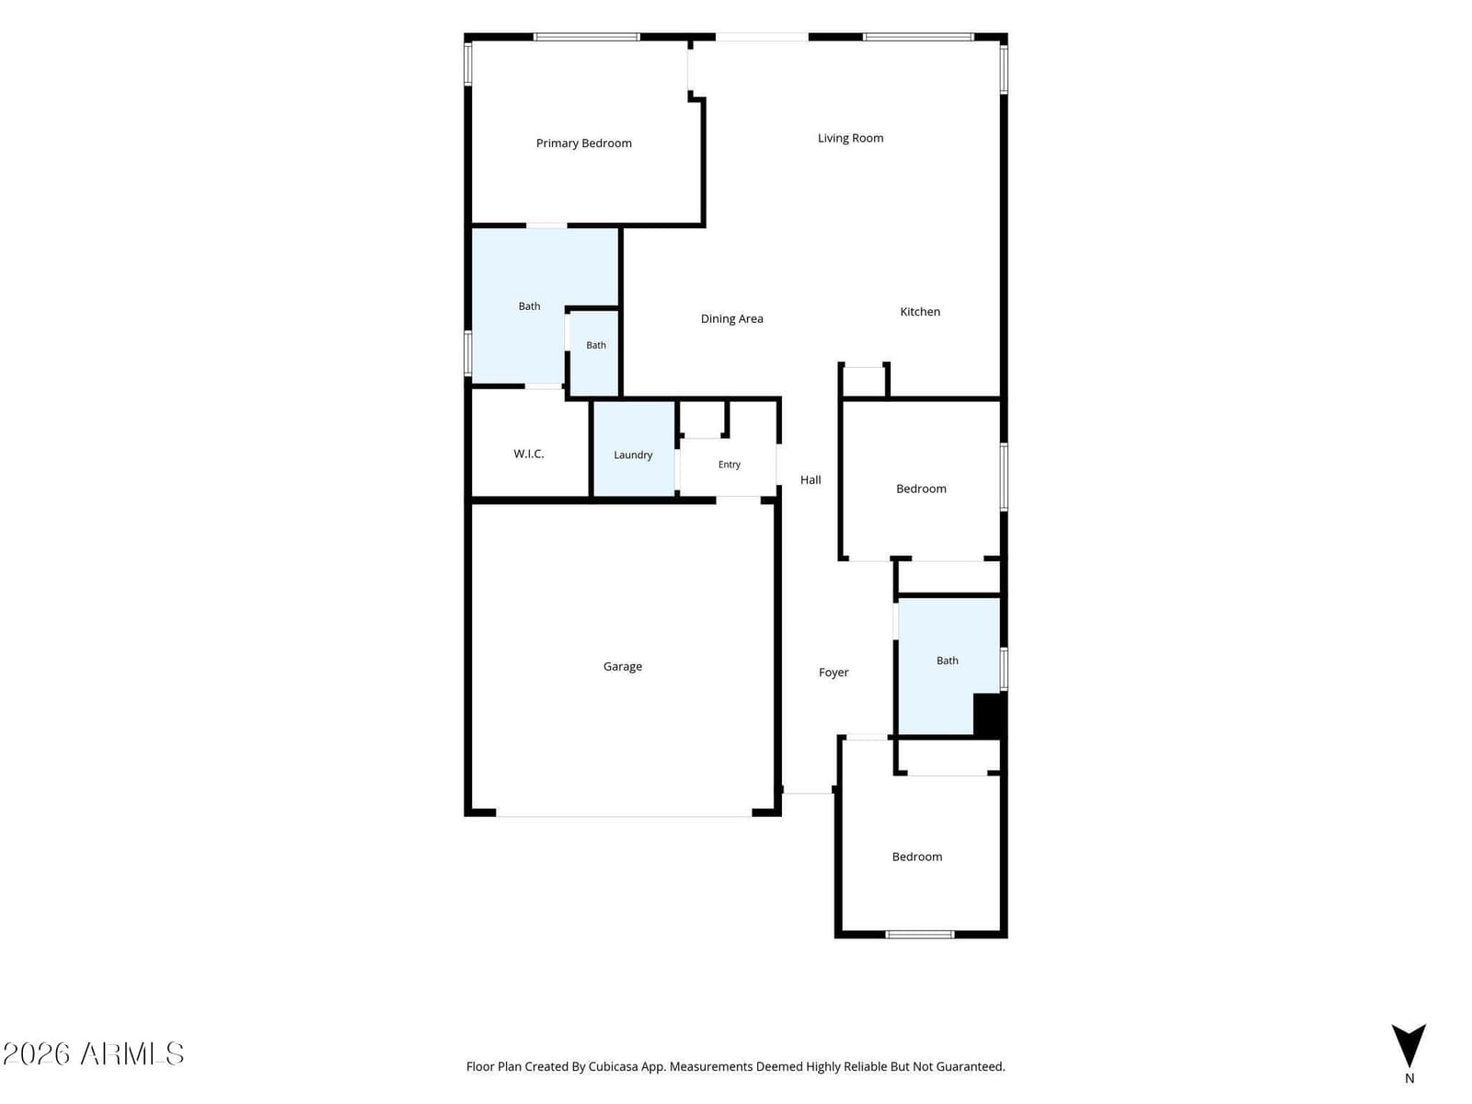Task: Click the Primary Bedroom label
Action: [x=583, y=143]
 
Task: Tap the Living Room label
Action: [x=850, y=138]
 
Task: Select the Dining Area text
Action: [x=731, y=318]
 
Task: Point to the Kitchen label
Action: [x=919, y=312]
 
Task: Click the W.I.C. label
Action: [x=528, y=454]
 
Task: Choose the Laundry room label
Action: [x=633, y=454]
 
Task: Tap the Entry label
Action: [x=729, y=465]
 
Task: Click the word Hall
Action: [x=811, y=480]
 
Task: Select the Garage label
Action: [x=622, y=666]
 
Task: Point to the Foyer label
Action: [x=834, y=673]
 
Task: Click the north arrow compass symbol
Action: [x=1409, y=1046]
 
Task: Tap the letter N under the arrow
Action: [x=1409, y=1078]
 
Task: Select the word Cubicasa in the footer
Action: [x=613, y=1066]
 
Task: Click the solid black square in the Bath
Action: [x=989, y=715]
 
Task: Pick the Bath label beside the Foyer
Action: [x=947, y=661]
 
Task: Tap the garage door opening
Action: [x=624, y=816]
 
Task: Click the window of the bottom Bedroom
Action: [x=919, y=935]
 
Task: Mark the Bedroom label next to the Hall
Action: [x=921, y=489]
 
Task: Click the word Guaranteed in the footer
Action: [x=972, y=1066]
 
